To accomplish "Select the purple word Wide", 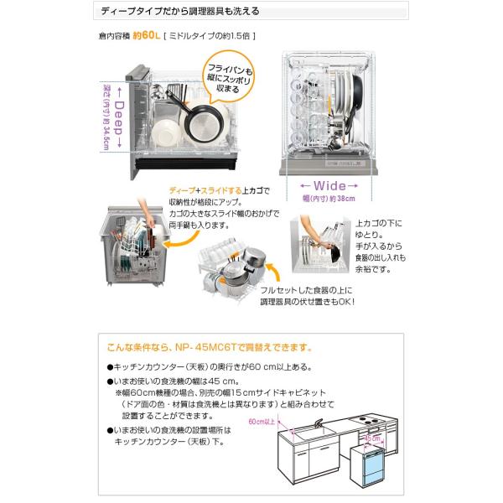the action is click(329, 185).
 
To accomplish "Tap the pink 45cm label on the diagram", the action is click(371, 436).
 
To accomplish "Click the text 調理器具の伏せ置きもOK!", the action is click(310, 299).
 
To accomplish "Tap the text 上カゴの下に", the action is click(379, 224).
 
